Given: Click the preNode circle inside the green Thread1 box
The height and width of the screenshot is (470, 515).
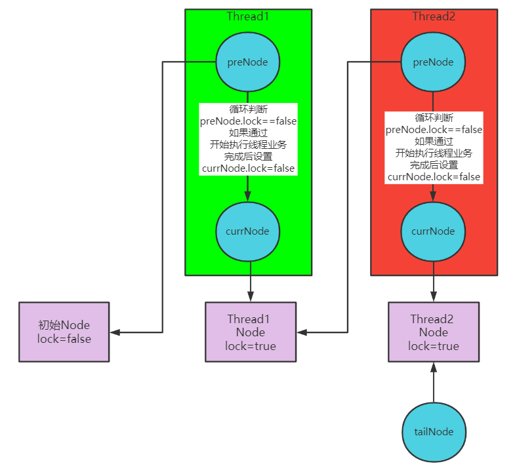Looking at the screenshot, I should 248,62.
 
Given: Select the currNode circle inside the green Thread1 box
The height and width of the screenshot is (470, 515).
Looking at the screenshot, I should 248,231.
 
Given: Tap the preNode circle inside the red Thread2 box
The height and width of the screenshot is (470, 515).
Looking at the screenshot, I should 433,62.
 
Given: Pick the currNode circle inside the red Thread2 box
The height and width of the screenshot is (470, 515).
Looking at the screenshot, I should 433,231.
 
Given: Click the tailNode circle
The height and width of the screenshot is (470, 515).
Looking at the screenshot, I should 433,431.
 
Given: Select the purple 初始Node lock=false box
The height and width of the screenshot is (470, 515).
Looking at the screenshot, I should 64,332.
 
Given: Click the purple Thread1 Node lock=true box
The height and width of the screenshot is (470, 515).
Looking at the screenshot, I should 250,332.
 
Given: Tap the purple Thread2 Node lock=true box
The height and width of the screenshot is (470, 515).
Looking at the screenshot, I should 433,332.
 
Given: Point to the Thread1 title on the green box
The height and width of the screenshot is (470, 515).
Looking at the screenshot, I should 248,16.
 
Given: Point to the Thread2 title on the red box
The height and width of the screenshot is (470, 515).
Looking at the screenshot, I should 433,16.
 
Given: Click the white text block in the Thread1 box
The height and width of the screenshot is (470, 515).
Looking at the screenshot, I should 248,139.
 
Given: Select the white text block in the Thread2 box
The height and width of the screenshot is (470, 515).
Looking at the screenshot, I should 433,147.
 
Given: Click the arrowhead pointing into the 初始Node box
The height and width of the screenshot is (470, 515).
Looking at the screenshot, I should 115,332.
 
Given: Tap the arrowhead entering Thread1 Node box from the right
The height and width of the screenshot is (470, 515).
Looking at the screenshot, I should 301,332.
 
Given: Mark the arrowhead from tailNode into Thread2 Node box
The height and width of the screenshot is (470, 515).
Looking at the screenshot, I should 433,366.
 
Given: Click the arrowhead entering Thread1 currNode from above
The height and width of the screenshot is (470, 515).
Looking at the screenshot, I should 248,195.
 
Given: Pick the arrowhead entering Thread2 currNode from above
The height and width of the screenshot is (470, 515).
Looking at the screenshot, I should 433,195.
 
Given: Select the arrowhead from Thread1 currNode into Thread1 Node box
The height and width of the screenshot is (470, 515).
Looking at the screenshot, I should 250,297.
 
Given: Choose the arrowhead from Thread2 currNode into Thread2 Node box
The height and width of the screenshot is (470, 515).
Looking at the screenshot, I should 433,297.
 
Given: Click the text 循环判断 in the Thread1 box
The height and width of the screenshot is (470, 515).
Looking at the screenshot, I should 248,109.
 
